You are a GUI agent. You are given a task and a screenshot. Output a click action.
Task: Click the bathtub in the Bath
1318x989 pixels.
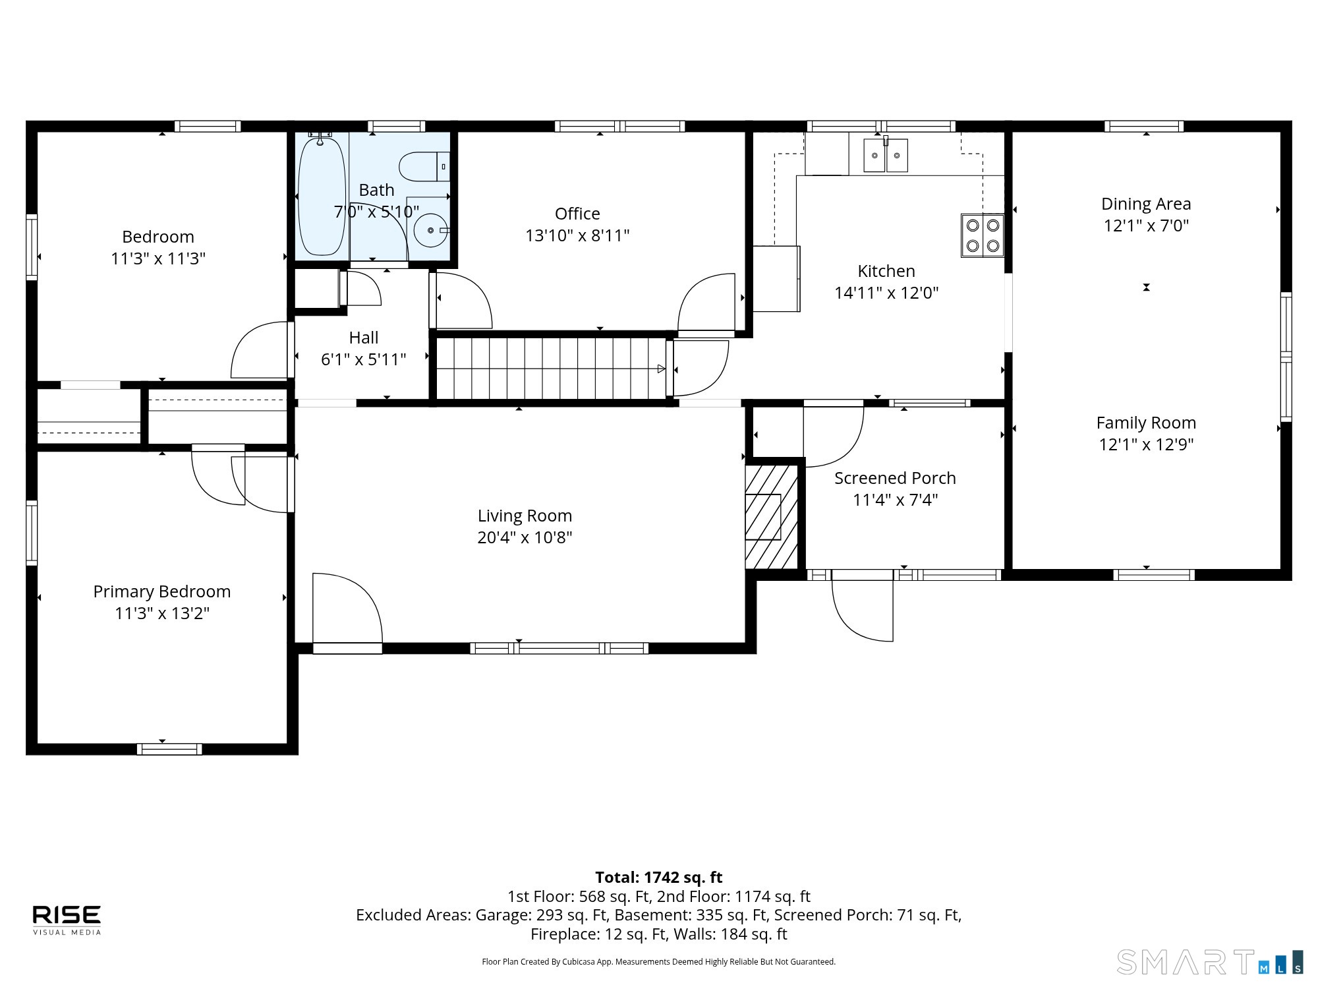322,196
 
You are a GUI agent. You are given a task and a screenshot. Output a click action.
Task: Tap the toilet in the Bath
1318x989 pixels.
424,166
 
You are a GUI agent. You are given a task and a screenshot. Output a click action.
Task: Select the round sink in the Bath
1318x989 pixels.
430,230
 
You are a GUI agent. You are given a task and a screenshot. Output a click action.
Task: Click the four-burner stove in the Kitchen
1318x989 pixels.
982,235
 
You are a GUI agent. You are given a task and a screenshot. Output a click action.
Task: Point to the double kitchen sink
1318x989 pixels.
886,156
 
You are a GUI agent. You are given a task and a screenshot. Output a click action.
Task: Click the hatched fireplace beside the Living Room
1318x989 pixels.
771,517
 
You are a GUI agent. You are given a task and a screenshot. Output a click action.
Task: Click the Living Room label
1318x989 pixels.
525,516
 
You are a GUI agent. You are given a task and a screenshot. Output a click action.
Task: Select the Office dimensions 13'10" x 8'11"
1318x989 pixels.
577,235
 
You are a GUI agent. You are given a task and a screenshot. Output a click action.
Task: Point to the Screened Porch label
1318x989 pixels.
895,478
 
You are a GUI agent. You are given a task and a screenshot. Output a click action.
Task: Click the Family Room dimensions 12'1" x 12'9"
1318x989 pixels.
1146,444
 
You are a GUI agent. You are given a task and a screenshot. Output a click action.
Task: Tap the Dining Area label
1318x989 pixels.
1146,204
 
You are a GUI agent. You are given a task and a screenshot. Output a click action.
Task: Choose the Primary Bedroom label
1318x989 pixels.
162,591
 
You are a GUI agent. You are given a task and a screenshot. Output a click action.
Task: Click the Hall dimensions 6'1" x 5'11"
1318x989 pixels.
363,359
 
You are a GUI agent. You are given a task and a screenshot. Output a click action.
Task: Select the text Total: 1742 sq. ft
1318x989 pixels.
659,878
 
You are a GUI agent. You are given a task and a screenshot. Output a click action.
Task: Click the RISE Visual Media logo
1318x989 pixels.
67,920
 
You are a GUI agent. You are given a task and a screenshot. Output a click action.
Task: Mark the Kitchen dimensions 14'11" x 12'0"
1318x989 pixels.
886,293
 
